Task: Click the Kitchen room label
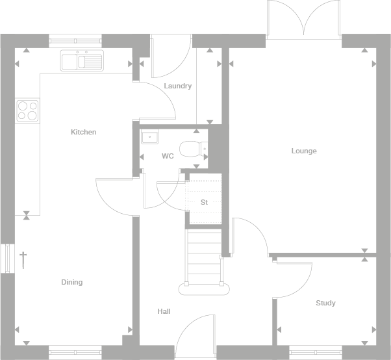(x=83, y=132)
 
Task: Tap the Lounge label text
(x=303, y=151)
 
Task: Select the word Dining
(x=71, y=282)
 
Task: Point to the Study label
(x=325, y=303)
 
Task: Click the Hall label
(x=164, y=311)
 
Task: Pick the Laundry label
(x=177, y=86)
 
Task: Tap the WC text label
(x=168, y=156)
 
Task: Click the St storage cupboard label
(x=204, y=202)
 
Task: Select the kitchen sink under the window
(x=82, y=60)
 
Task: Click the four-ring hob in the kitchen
(x=27, y=110)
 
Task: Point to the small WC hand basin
(x=150, y=137)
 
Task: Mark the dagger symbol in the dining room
(x=23, y=260)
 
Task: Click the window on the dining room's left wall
(x=8, y=258)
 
